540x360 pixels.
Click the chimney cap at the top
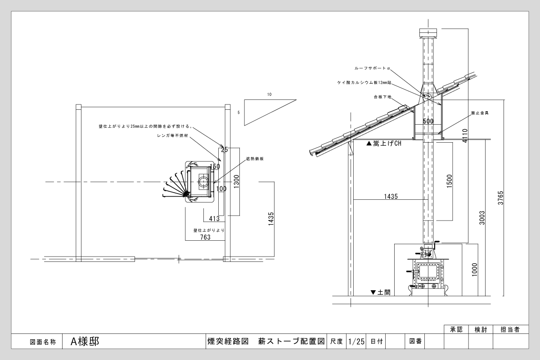pyautogui.click(x=428, y=33)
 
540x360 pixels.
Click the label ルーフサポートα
pyautogui.click(x=372, y=68)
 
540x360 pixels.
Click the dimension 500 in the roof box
pyautogui.click(x=428, y=121)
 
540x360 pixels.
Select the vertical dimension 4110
pyautogui.click(x=465, y=135)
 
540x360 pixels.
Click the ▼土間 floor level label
pyautogui.click(x=381, y=292)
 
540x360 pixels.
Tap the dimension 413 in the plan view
pyautogui.click(x=214, y=219)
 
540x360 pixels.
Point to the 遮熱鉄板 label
pyautogui.click(x=254, y=159)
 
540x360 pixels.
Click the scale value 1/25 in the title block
pyautogui.click(x=356, y=342)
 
